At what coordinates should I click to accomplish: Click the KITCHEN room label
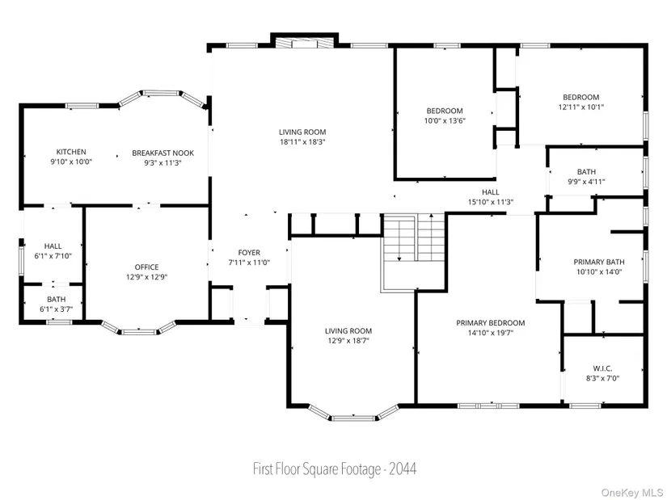71,152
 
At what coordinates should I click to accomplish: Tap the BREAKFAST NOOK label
163,153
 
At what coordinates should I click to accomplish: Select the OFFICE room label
147,267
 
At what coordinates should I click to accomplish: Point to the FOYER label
249,253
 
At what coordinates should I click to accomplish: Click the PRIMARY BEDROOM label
491,323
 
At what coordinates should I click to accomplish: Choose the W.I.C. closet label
602,368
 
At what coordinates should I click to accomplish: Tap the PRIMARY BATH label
599,262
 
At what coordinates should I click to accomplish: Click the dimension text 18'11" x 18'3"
302,142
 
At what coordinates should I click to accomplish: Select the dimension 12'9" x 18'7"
348,341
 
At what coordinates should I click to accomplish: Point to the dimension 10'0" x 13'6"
445,120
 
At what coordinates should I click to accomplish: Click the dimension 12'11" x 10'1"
581,107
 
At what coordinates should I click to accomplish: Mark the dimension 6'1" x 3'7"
56,309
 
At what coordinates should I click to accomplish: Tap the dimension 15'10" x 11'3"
491,203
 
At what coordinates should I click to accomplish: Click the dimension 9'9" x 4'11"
586,182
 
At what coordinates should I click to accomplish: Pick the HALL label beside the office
53,246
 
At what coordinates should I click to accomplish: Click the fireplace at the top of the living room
304,43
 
